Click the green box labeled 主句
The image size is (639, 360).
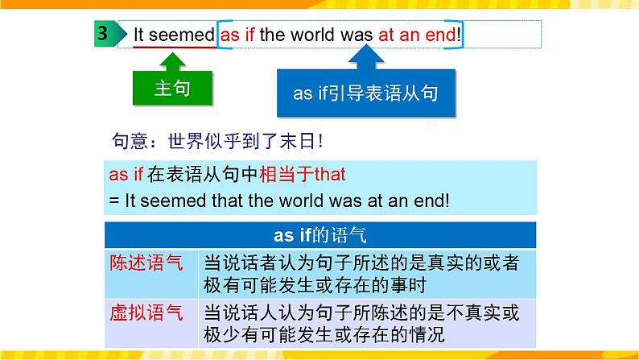tap(172, 88)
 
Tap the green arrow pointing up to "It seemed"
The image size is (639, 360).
tap(173, 62)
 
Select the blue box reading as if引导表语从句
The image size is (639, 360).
tap(366, 93)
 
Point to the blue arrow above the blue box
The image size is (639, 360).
tap(366, 57)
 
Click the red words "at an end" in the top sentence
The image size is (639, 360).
tap(417, 35)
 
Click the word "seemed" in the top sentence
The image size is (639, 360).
tap(181, 35)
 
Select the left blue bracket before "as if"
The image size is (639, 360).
tap(220, 35)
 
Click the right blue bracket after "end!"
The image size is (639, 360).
tap(460, 35)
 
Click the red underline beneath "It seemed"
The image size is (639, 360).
tap(175, 48)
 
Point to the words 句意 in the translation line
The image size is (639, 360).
tap(130, 142)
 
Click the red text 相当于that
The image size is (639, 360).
tap(303, 175)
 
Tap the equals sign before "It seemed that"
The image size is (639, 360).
tap(114, 201)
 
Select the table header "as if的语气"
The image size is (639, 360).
tap(320, 235)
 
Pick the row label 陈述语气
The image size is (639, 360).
tap(146, 263)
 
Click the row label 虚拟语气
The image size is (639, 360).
tap(146, 312)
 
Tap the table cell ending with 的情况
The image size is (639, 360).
tap(367, 324)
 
